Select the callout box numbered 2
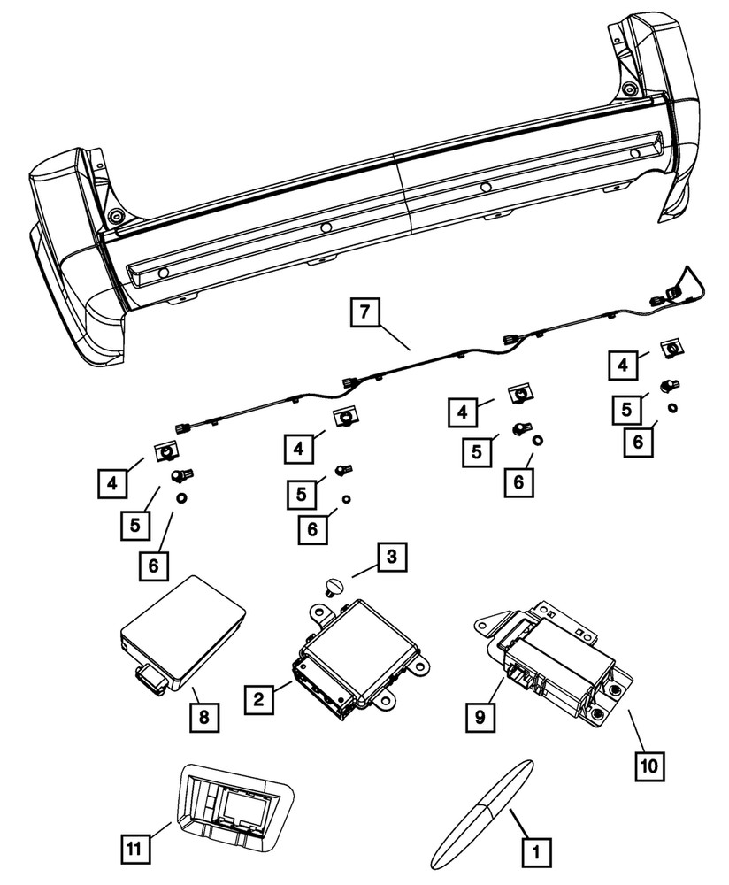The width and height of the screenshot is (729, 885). click(x=258, y=699)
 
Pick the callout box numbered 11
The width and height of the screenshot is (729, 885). click(x=134, y=848)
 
